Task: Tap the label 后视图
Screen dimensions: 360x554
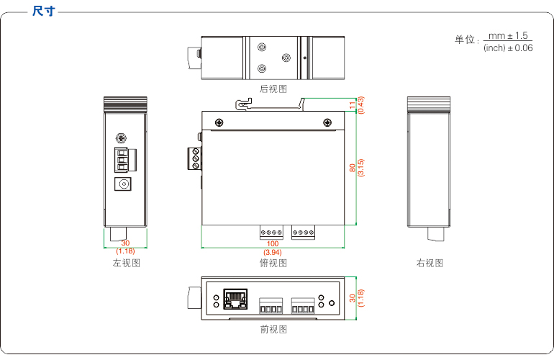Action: tap(273, 89)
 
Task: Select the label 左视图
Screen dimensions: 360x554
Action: tap(126, 263)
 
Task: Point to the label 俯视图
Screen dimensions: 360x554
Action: tap(273, 263)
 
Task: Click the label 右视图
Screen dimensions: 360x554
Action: tap(430, 263)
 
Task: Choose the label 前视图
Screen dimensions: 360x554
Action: tap(273, 329)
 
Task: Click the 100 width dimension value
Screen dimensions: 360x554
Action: tap(273, 245)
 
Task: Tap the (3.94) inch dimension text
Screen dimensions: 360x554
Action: tap(273, 253)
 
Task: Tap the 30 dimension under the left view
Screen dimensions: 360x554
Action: tap(126, 243)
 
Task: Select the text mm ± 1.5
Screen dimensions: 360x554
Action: tap(508, 35)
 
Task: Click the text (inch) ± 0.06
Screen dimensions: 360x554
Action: tap(508, 48)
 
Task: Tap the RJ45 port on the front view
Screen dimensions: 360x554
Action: tap(235, 297)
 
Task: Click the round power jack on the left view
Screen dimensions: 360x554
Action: tap(125, 184)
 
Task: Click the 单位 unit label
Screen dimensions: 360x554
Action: tap(465, 40)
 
